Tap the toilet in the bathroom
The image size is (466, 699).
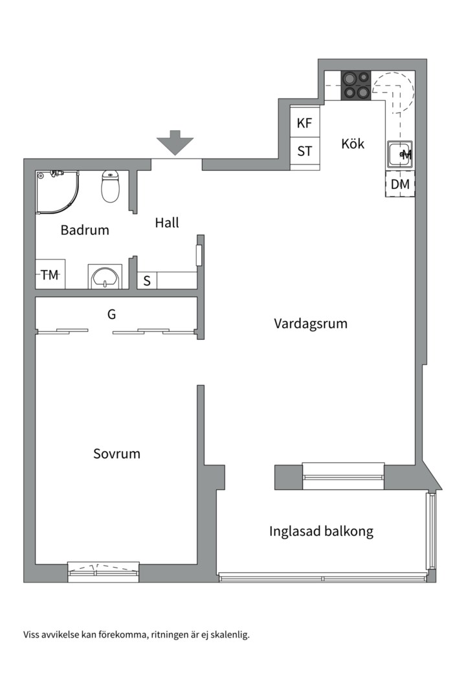[111, 186]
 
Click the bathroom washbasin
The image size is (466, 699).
[105, 277]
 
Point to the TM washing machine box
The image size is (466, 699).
[50, 275]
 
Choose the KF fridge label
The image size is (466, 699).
[305, 123]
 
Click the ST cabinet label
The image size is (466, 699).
[305, 152]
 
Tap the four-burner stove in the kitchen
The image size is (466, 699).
[356, 85]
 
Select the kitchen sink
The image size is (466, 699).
[399, 155]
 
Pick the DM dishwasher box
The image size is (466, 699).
[400, 184]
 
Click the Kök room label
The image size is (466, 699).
[353, 144]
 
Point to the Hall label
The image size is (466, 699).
[167, 223]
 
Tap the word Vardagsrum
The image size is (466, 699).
[311, 323]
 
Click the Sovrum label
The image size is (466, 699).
[116, 454]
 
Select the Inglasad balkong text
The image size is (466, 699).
[322, 532]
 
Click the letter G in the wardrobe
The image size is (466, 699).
[111, 315]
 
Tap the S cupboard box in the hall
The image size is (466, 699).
[147, 281]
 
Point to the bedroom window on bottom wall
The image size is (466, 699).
[104, 571]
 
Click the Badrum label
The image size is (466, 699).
[85, 230]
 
